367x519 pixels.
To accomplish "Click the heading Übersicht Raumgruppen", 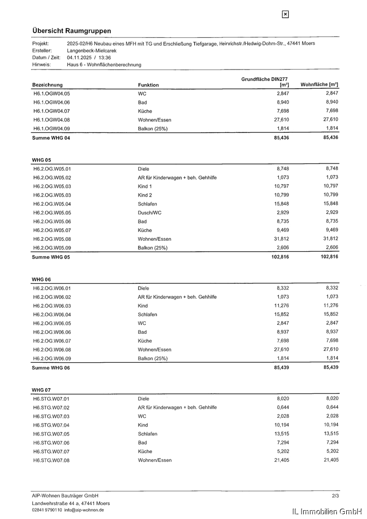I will click(x=72, y=31).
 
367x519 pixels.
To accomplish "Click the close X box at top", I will click(x=285, y=15).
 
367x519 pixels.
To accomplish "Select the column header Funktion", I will click(x=148, y=85).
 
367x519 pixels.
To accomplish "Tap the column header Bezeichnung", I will click(x=47, y=85).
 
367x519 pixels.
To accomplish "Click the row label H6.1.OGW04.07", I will click(x=51, y=111).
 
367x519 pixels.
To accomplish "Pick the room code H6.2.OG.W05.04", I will click(x=52, y=204).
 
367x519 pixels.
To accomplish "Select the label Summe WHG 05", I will click(x=50, y=257).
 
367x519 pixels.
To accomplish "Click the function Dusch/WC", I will click(x=149, y=213).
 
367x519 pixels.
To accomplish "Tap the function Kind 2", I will click(x=145, y=195).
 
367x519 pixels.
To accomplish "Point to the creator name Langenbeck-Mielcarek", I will click(x=92, y=51).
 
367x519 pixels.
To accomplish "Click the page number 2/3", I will click(x=335, y=496).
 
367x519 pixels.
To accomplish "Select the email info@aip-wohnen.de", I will click(x=84, y=510).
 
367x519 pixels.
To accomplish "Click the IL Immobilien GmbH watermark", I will click(x=327, y=512).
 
